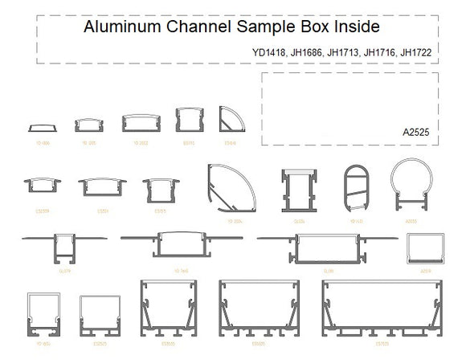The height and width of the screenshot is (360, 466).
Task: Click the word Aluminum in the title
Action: [118, 27]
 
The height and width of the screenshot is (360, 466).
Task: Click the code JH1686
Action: [309, 54]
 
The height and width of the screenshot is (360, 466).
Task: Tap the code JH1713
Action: [345, 54]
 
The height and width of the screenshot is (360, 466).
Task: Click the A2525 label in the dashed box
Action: [418, 130]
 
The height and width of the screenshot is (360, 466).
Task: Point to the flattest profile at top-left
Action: [39, 127]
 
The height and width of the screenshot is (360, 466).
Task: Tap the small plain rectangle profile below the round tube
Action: [425, 248]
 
